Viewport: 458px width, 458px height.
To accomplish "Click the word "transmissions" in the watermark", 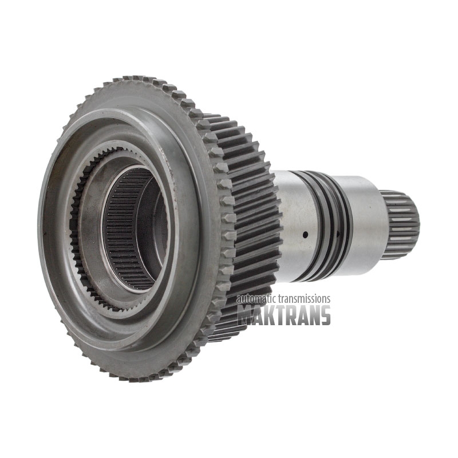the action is click(x=303, y=299).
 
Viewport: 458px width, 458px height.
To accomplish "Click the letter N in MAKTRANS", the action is click(x=314, y=315).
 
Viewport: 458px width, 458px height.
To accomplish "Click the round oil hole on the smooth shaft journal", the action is click(x=306, y=234).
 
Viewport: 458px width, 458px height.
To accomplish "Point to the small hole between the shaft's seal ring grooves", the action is click(x=338, y=234).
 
